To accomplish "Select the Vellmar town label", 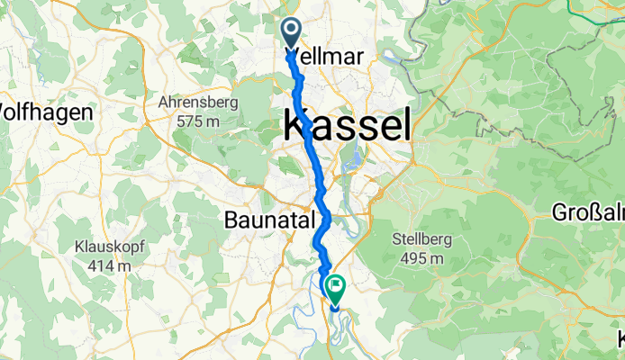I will (324, 57).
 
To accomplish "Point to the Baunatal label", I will (267, 220).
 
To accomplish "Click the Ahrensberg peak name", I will (198, 103).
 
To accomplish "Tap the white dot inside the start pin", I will (293, 31).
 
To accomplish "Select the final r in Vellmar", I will (359, 57).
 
